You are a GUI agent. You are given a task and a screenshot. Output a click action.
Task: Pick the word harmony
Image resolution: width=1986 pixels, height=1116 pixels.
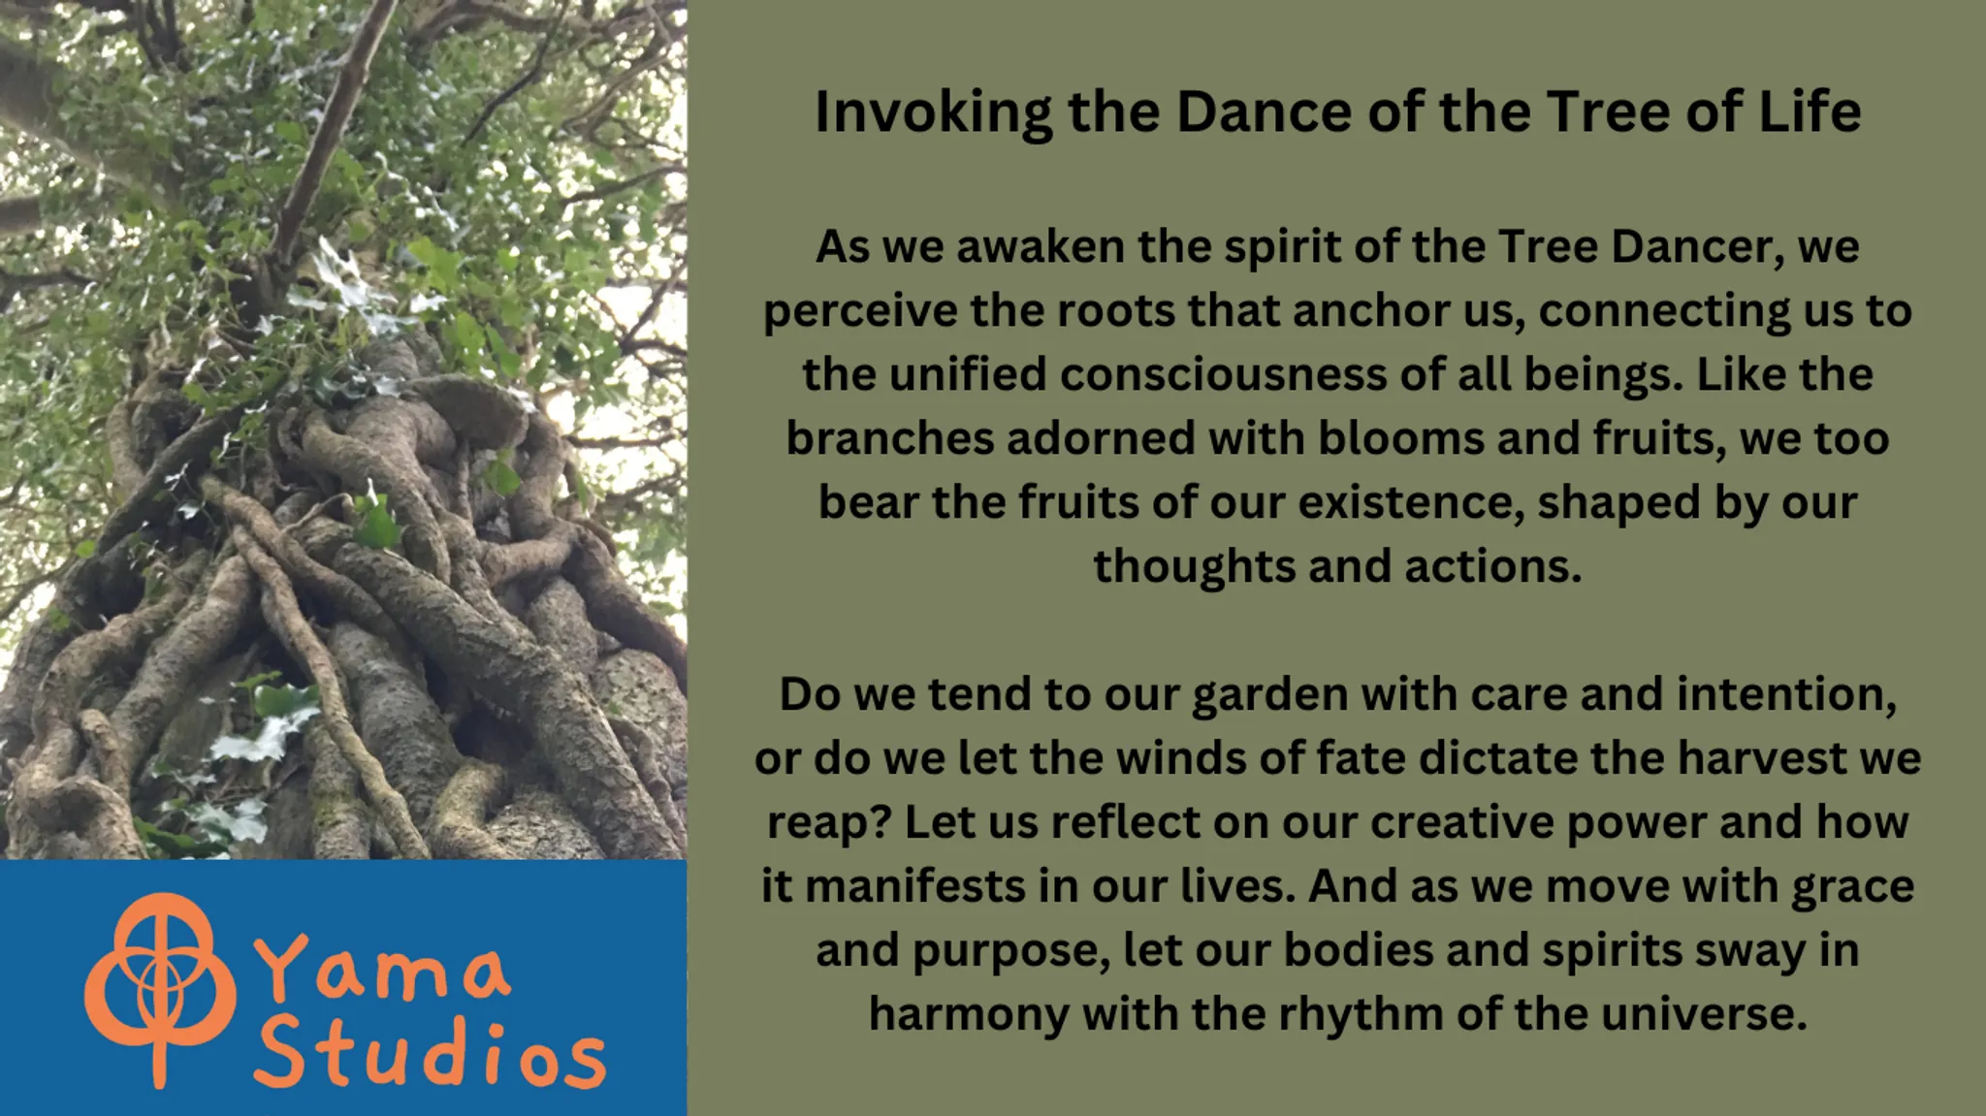[x=969, y=1014]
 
